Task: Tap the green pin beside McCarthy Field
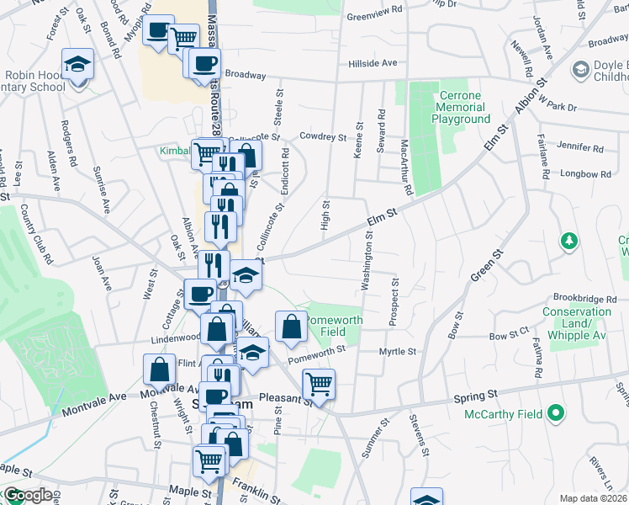[554, 413]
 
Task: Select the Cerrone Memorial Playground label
[462, 107]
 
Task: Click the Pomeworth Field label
[334, 326]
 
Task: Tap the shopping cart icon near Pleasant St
[319, 384]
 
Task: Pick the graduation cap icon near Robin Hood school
[77, 63]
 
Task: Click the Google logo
[27, 495]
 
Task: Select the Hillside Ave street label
[372, 63]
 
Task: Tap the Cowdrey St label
[323, 136]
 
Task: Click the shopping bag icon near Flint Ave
[160, 369]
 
